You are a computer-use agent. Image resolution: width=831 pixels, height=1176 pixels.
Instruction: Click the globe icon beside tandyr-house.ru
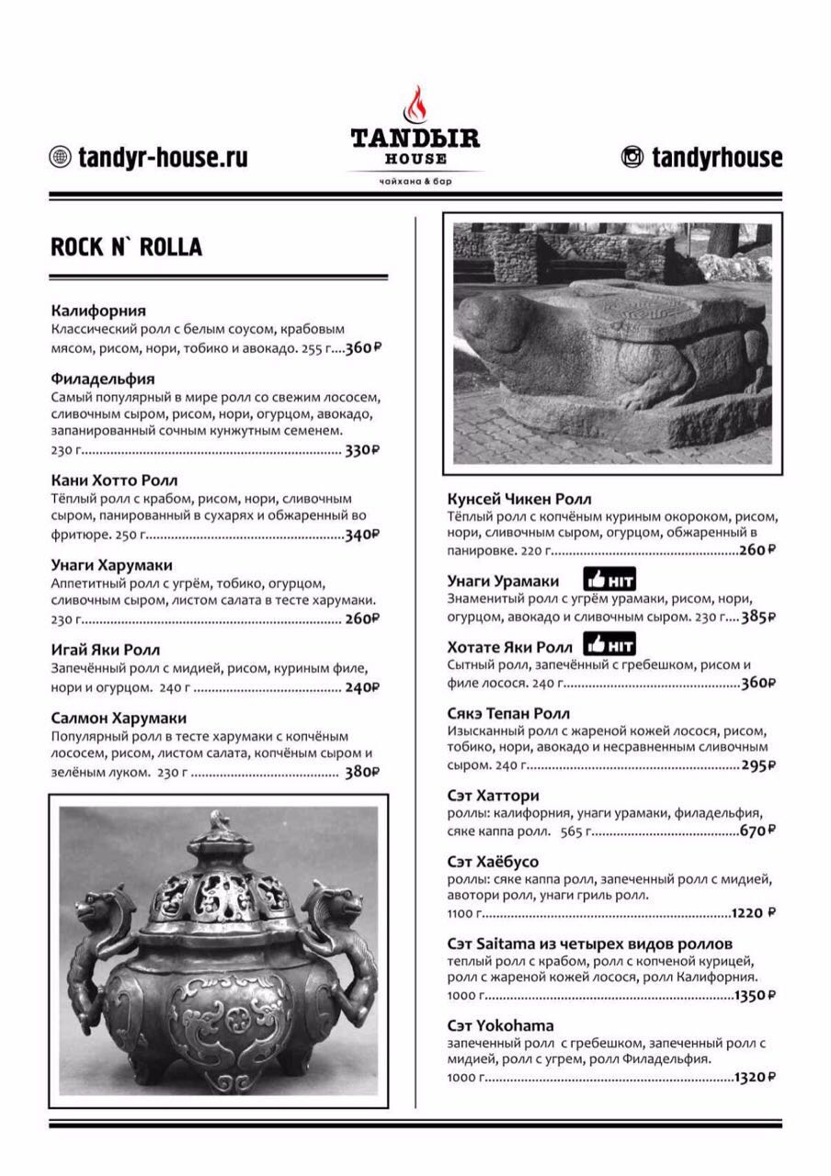tap(60, 157)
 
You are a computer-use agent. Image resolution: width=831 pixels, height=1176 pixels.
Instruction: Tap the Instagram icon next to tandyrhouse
tap(632, 157)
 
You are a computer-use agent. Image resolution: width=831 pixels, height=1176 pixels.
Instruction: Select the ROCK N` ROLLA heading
tap(126, 247)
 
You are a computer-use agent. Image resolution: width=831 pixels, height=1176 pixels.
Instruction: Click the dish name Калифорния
tap(98, 311)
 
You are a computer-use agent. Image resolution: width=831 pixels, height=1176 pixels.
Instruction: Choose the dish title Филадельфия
tap(103, 379)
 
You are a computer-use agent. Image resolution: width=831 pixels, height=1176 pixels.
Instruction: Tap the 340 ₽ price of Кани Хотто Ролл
tap(361, 535)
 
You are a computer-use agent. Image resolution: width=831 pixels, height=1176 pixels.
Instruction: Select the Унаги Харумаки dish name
tap(111, 565)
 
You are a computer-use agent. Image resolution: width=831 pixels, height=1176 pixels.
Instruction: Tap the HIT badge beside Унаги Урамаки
tap(610, 580)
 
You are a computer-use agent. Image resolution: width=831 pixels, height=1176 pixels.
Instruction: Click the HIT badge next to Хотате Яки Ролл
tap(610, 645)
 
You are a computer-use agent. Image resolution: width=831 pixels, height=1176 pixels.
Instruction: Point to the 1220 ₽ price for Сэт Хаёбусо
tap(754, 913)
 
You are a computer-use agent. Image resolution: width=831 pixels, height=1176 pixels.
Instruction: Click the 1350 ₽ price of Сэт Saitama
tap(754, 995)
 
